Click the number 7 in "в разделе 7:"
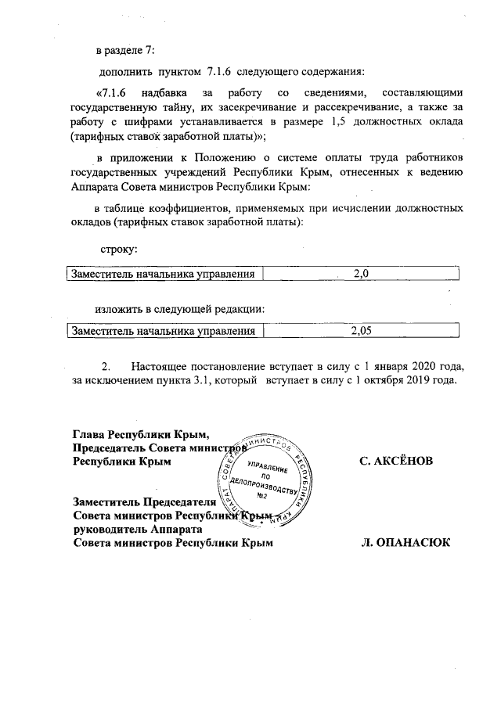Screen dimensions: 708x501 (150, 51)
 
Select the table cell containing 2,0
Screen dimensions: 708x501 (360, 274)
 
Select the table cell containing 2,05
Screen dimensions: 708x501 (360, 331)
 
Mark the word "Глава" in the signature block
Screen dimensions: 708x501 (88, 434)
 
